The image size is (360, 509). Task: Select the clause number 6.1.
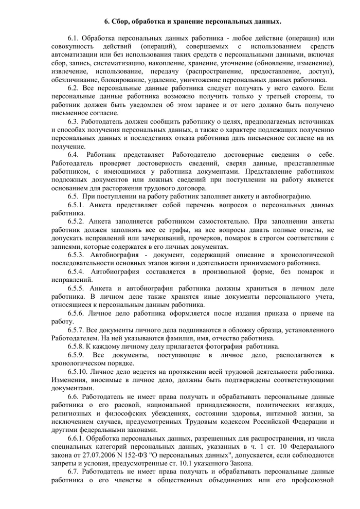pos(75,39)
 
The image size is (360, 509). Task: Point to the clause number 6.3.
pos(75,122)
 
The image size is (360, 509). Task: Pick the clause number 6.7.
pos(75,471)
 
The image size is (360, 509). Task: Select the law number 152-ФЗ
pos(141,455)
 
